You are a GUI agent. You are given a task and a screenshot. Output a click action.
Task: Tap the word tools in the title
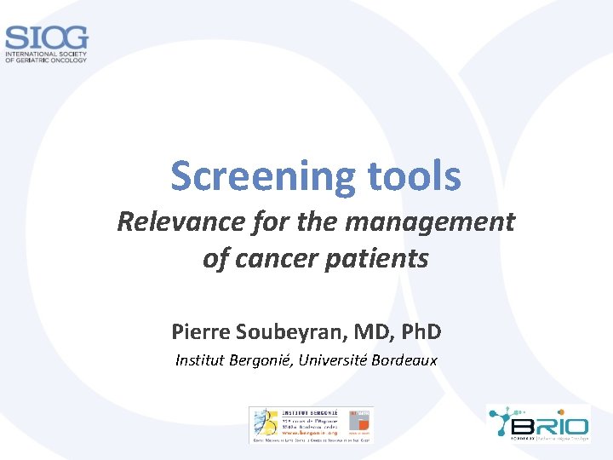414,176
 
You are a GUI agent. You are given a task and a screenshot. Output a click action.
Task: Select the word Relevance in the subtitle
171,222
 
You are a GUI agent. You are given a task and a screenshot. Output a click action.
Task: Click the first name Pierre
196,331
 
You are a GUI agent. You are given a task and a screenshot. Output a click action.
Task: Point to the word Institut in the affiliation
200,360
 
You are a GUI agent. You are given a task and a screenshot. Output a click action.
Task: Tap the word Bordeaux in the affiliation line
404,360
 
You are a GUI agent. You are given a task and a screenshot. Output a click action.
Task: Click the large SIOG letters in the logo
46,38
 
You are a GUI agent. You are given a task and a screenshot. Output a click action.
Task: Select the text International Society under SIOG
47,54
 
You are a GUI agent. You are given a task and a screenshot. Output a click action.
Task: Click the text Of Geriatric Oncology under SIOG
47,60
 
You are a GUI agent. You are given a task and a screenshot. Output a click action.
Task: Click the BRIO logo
537,423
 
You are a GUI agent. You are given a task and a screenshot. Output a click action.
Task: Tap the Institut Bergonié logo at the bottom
311,424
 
